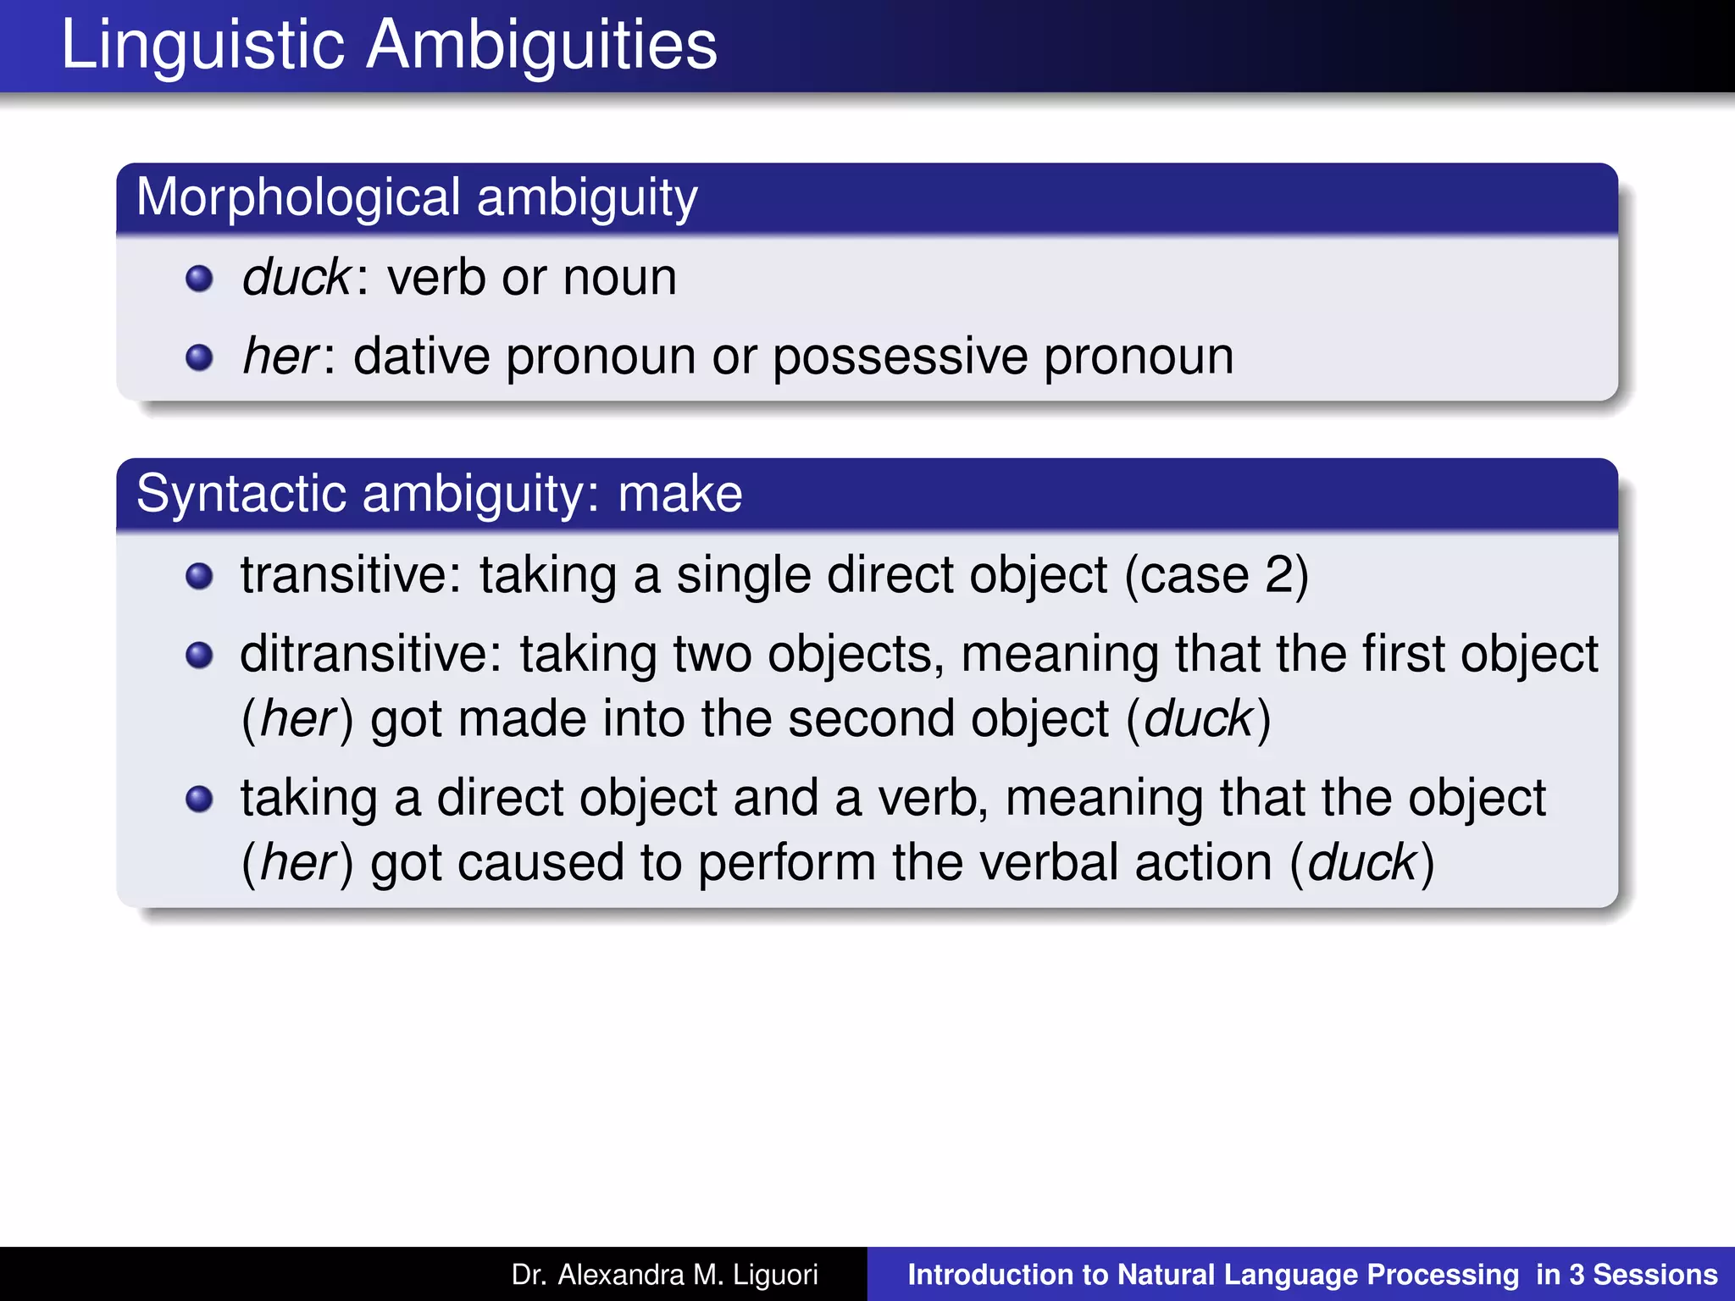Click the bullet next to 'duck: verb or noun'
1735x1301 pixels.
pos(199,278)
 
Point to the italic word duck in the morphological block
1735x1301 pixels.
pos(296,277)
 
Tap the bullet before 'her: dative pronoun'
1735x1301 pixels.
pos(199,357)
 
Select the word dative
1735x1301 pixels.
pos(421,357)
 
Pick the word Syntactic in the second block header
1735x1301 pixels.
pos(241,494)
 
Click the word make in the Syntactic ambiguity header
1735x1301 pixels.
pos(679,494)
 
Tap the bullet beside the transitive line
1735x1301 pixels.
pos(199,576)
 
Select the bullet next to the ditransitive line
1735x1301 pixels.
pos(199,655)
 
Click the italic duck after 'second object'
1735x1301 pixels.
pos(1198,719)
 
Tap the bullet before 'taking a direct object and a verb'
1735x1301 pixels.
pos(199,799)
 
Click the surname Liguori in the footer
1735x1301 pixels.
pos(776,1275)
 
